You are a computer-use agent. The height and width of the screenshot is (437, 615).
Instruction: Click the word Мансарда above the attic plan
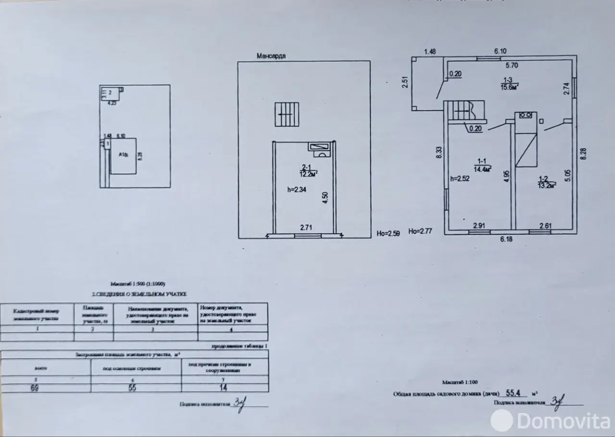pyautogui.click(x=271, y=56)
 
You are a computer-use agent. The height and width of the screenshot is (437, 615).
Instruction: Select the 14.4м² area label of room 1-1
pyautogui.click(x=483, y=169)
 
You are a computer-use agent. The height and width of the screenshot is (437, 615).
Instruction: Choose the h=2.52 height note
pyautogui.click(x=459, y=178)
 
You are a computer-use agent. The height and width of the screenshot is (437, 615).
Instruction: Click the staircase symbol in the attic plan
pyautogui.click(x=286, y=114)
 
